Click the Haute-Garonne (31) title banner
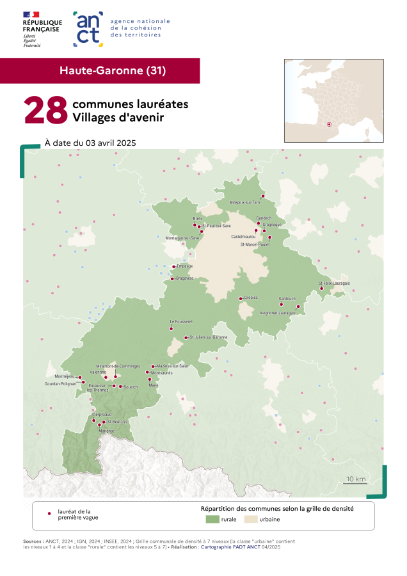pos(100,70)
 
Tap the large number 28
pos(45,110)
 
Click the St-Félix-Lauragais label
pos(334,283)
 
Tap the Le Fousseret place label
pos(181,321)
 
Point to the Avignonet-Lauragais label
pos(277,313)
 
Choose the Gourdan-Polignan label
pos(60,383)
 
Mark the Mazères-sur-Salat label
pos(172,366)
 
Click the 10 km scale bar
pos(355,483)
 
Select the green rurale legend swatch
pos(208,519)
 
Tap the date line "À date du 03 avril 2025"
pos(90,143)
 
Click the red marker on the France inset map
pos(329,124)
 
